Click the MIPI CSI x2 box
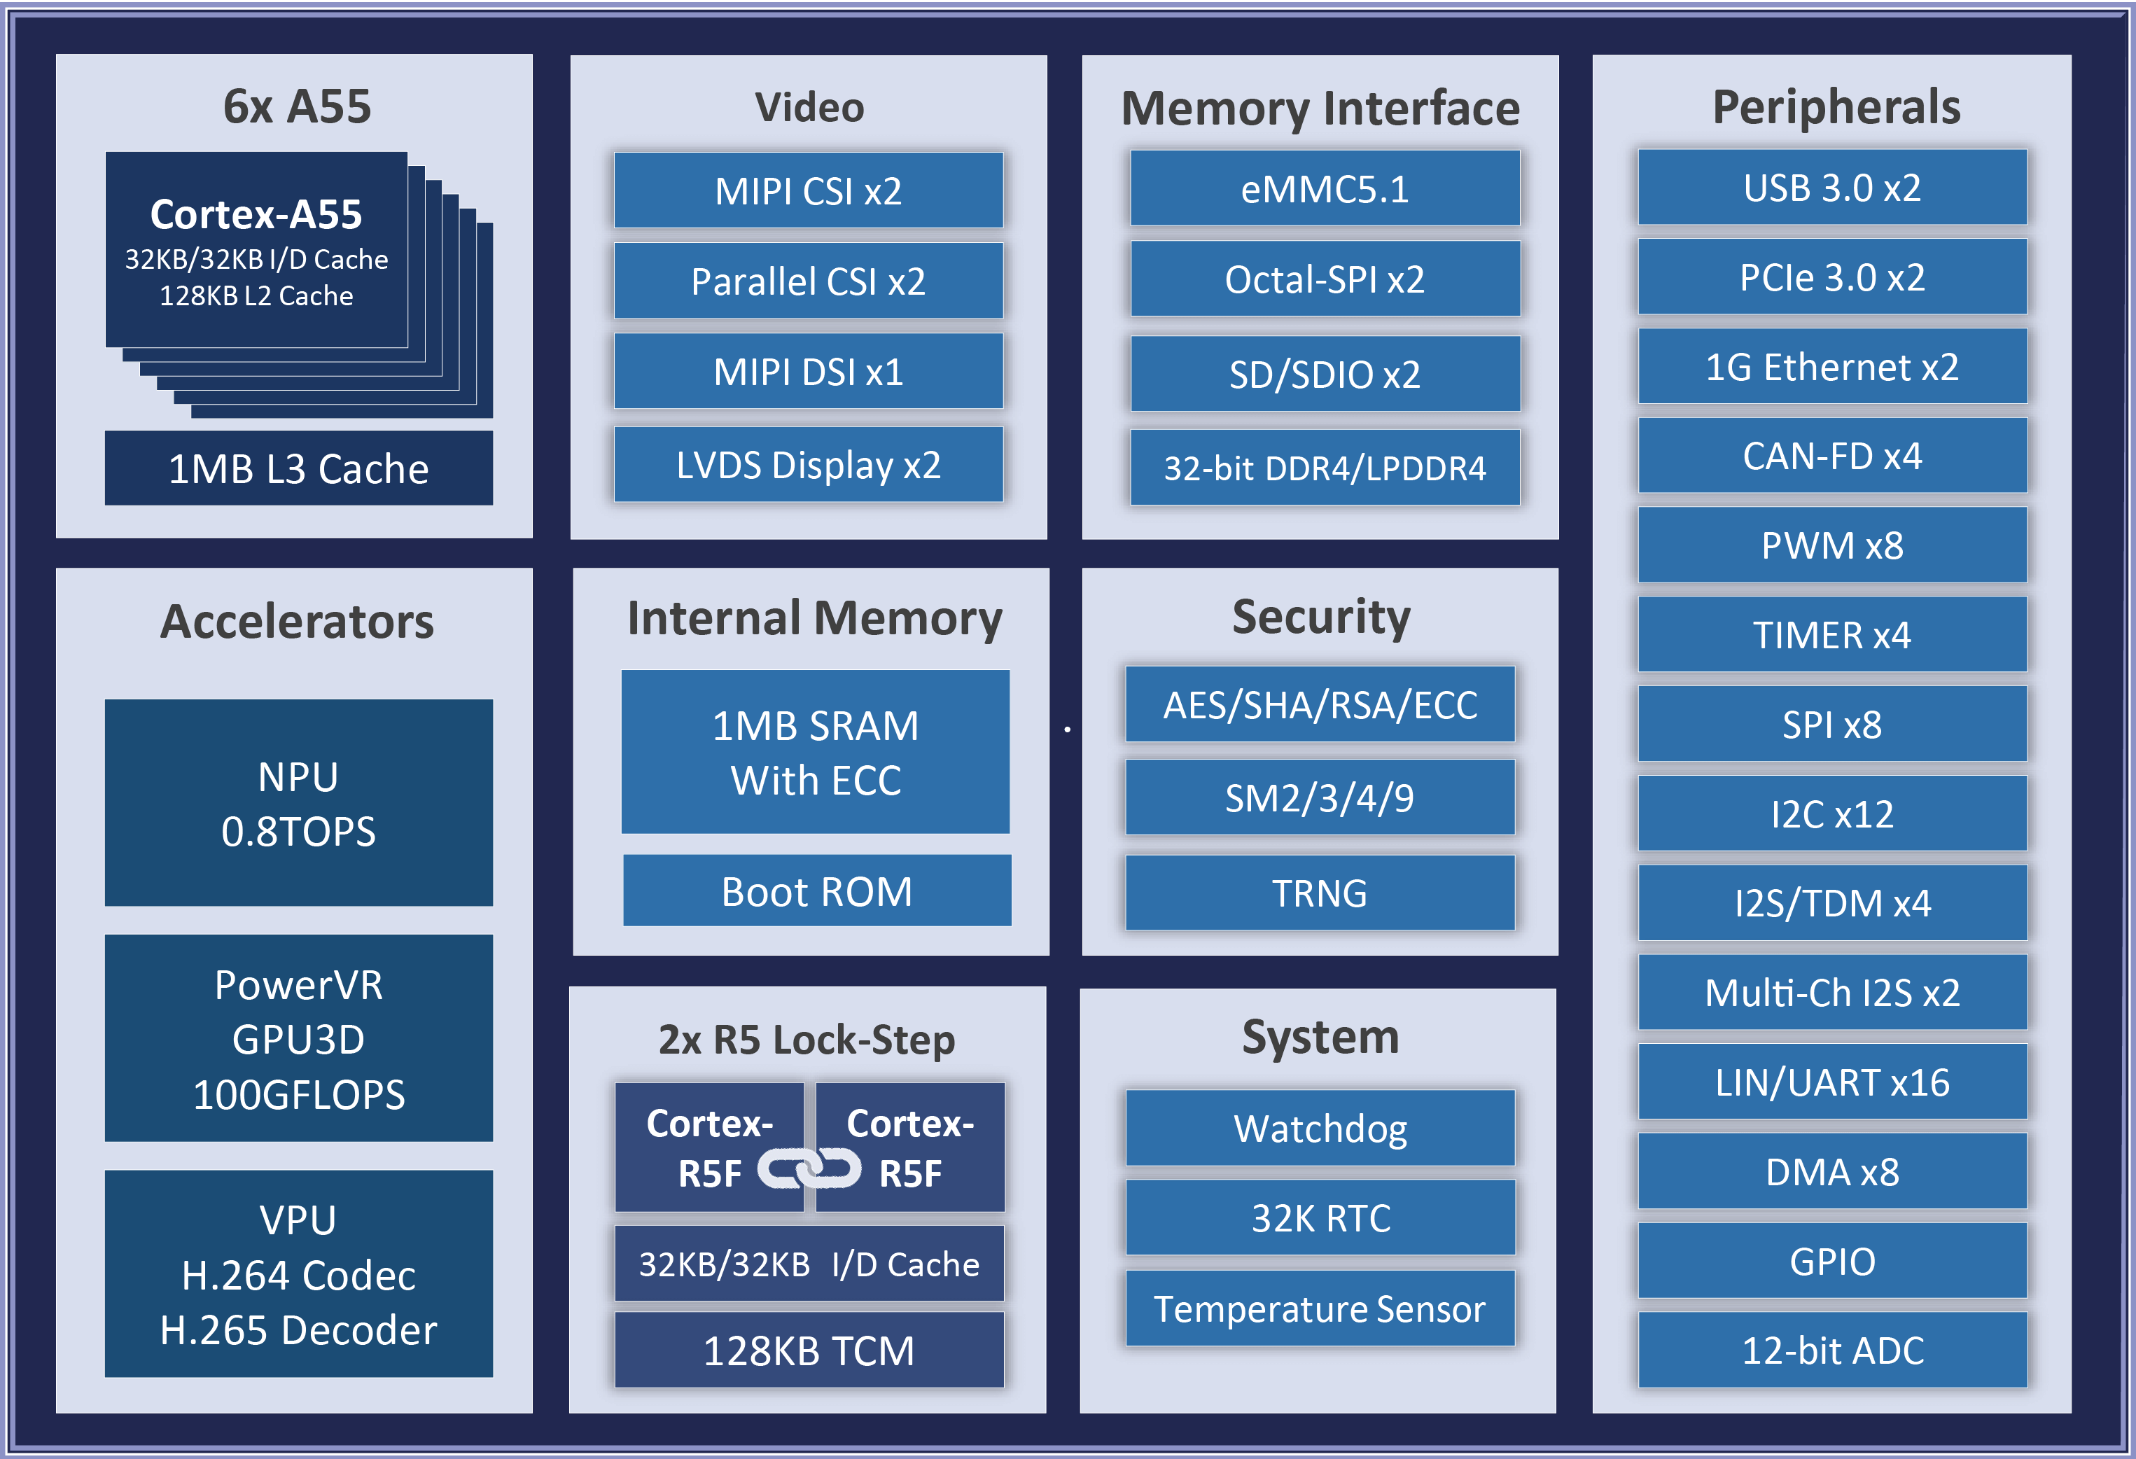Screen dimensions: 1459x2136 click(808, 190)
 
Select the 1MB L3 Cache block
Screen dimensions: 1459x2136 click(299, 468)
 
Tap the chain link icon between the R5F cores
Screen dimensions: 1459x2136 click(809, 1169)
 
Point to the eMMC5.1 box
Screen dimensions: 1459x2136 click(1325, 188)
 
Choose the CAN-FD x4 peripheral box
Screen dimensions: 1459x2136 click(1831, 456)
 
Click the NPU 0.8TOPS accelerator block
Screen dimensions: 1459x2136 click(299, 802)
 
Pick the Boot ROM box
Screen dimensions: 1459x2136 click(816, 891)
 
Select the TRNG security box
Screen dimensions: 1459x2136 click(1319, 893)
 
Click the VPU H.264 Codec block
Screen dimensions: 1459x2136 click(299, 1273)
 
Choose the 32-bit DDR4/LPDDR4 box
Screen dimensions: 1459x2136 click(1325, 468)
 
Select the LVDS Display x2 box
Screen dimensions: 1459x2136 click(808, 464)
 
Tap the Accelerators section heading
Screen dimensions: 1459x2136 click(297, 622)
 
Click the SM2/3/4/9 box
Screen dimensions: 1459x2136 click(1319, 797)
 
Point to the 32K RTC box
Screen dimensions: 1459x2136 click(1320, 1217)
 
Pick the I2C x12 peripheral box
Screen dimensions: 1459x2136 click(1831, 814)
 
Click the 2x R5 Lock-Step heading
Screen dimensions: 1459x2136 click(806, 1040)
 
